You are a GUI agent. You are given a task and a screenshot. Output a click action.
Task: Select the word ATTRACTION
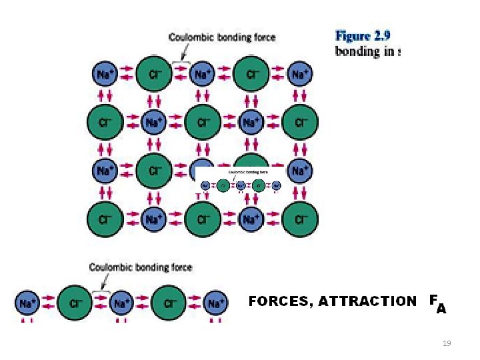pyautogui.click(x=367, y=301)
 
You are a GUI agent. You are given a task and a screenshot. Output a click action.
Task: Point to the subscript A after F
pyautogui.click(x=441, y=309)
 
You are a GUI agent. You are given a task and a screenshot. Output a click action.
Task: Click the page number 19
pyautogui.click(x=447, y=343)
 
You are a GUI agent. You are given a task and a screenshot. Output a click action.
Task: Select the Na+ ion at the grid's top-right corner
pyautogui.click(x=298, y=73)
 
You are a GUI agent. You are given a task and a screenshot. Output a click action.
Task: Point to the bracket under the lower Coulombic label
pyautogui.click(x=101, y=291)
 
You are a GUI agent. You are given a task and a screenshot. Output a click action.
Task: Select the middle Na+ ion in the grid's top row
pyautogui.click(x=201, y=73)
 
